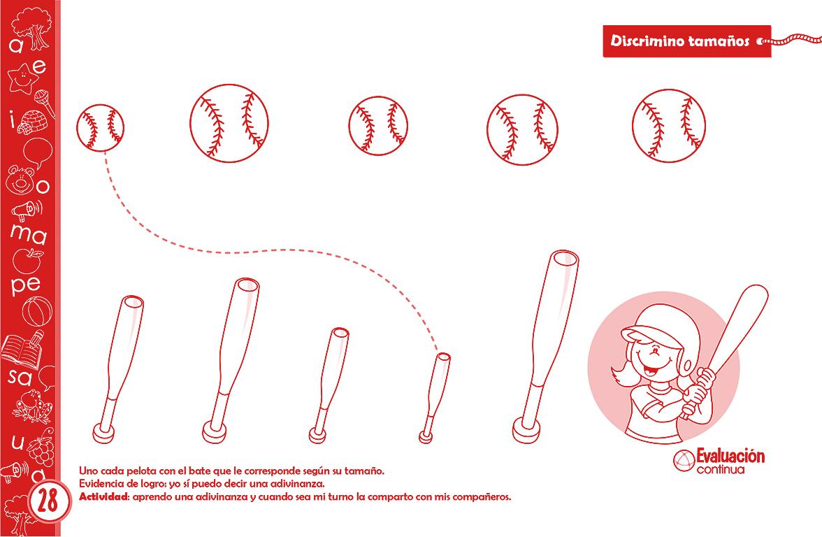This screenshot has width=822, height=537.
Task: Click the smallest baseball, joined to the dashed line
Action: (x=101, y=127)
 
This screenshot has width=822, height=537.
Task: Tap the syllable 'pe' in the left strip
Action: (x=27, y=285)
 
